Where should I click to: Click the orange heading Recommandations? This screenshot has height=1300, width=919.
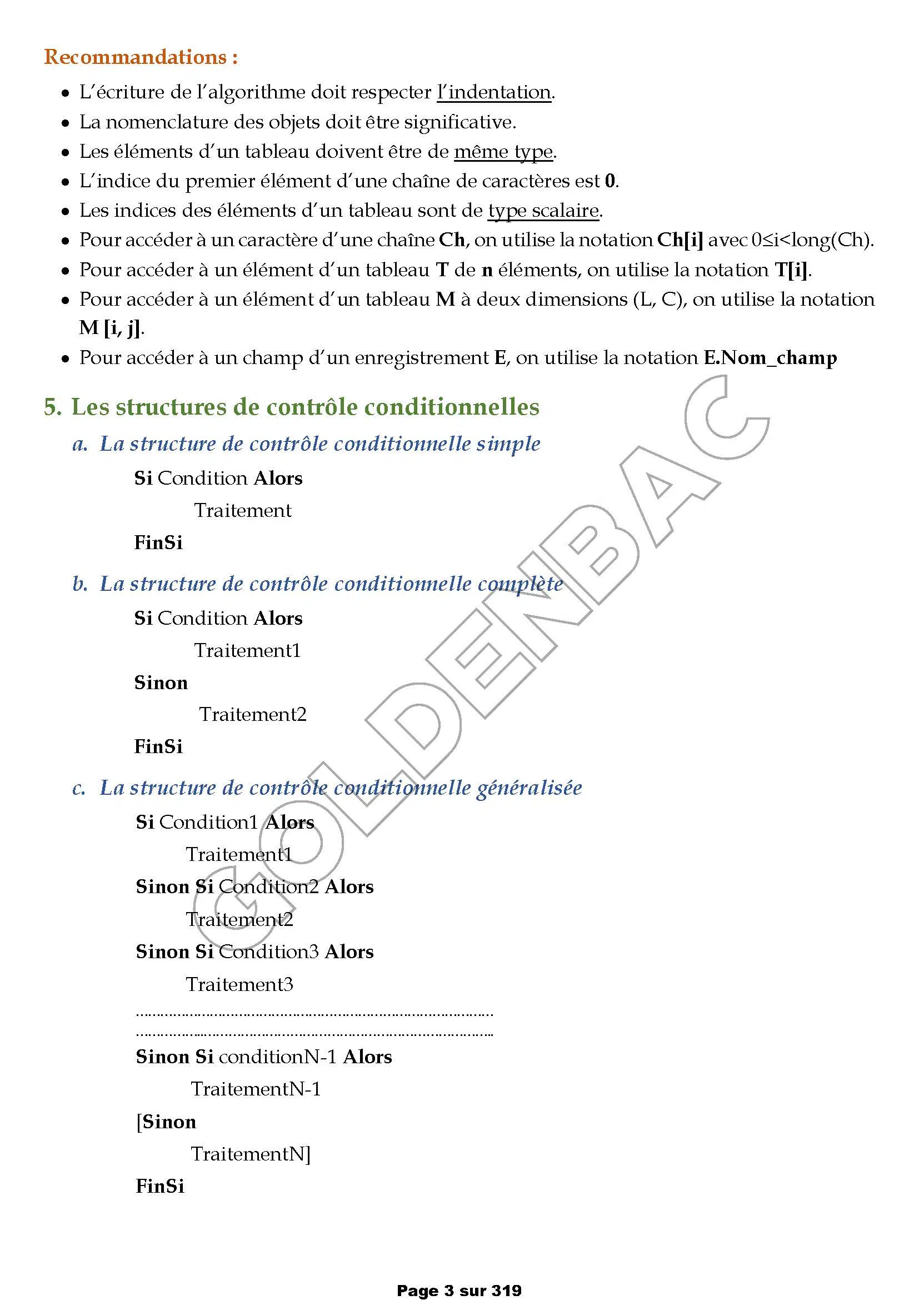tap(141, 57)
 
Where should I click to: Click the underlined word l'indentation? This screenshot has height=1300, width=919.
tap(494, 92)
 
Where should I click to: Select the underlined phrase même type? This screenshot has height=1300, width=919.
tap(503, 152)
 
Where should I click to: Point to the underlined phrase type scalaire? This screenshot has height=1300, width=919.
tap(543, 211)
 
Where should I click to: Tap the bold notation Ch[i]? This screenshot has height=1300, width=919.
tap(680, 240)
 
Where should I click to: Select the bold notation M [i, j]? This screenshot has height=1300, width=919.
tap(111, 328)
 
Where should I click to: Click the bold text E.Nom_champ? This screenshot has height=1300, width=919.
tap(770, 358)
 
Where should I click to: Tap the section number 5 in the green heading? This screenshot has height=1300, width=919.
tap(52, 407)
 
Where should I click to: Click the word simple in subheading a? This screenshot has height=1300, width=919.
tap(508, 444)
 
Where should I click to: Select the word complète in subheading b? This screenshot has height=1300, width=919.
tap(520, 584)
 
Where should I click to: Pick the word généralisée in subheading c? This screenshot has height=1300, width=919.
tap(528, 788)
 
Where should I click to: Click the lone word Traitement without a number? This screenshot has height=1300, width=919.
tap(243, 511)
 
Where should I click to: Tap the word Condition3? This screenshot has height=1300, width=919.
tap(268, 952)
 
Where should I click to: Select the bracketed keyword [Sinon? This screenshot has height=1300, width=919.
tap(166, 1122)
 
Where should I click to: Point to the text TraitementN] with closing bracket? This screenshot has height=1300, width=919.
tap(251, 1154)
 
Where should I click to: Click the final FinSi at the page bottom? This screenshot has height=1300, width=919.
tap(159, 1186)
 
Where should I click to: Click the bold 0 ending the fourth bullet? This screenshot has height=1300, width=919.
tap(610, 181)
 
